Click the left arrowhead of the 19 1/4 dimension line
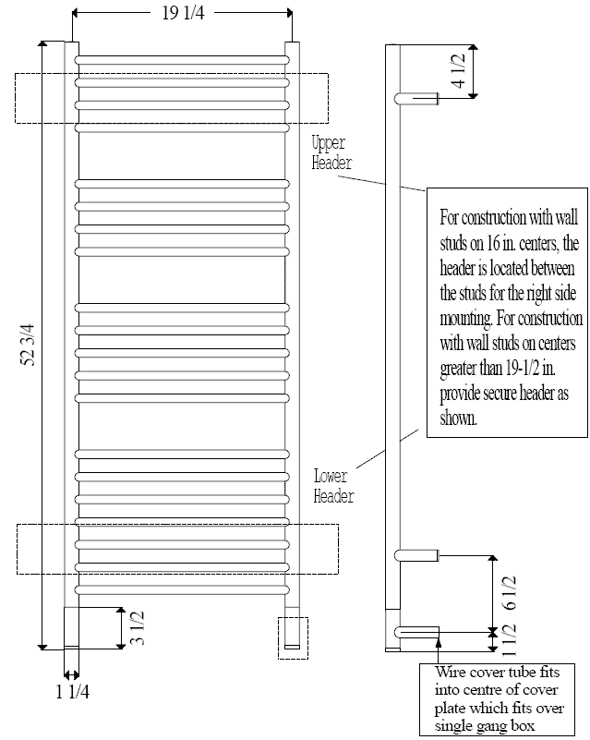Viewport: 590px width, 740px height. pyautogui.click(x=75, y=13)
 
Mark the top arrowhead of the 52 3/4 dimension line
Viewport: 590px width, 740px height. pyautogui.click(x=42, y=44)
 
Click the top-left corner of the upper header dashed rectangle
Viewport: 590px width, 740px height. pyautogui.click(x=16, y=74)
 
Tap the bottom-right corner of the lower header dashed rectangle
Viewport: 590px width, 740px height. pyautogui.click(x=338, y=574)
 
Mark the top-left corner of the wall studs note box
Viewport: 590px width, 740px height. pyautogui.click(x=427, y=188)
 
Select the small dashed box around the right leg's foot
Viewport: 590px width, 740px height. pyautogui.click(x=293, y=638)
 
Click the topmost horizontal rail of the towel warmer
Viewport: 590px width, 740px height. pyautogui.click(x=182, y=60)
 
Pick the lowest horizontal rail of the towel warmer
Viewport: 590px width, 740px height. pyautogui.click(x=182, y=589)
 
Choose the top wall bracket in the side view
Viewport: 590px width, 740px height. pyautogui.click(x=417, y=98)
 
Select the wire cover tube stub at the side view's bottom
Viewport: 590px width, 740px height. pyautogui.click(x=417, y=632)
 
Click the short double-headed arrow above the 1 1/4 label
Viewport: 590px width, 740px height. pyautogui.click(x=72, y=674)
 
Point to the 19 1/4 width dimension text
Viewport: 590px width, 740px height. pyautogui.click(x=183, y=13)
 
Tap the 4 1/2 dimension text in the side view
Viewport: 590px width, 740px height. pyautogui.click(x=458, y=71)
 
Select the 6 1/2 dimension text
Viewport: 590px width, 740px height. pyautogui.click(x=510, y=593)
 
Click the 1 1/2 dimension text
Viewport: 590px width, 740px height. pyautogui.click(x=510, y=640)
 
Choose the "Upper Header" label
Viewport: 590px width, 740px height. pyautogui.click(x=331, y=152)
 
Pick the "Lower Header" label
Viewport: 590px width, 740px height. pyautogui.click(x=333, y=486)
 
